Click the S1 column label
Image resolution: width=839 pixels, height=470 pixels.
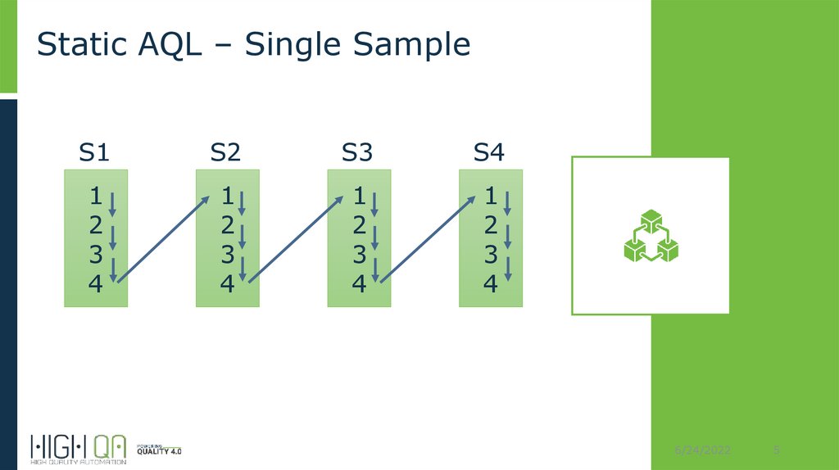[94, 152]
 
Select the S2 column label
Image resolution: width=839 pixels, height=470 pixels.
[225, 152]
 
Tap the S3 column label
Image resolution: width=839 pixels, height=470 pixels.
[357, 152]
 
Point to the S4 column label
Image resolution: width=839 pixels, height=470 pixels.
[489, 152]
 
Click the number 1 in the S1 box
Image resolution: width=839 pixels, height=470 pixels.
[96, 197]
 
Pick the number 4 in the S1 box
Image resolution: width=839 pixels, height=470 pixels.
[96, 284]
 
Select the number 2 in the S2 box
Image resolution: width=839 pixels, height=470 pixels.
[227, 226]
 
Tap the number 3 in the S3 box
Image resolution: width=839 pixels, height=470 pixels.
[359, 255]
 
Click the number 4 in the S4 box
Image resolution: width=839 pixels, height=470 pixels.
[491, 284]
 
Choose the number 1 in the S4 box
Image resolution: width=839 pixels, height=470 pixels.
[491, 197]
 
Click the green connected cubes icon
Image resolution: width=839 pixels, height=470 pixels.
[650, 237]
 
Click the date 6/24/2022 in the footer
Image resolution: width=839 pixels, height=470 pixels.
[704, 452]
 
